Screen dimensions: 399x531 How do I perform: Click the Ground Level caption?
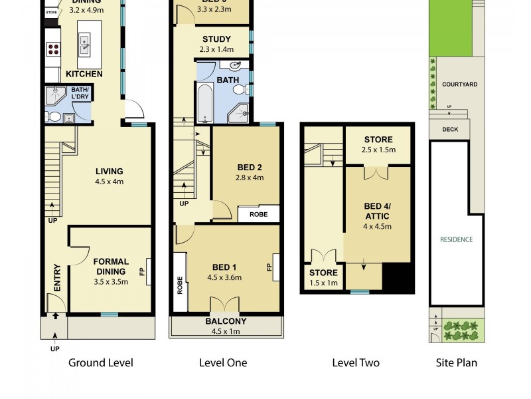coord(101,362)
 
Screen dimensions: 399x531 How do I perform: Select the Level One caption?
coord(223,362)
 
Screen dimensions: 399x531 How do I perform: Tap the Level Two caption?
coord(356,362)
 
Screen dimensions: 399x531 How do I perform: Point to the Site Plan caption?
coord(456,362)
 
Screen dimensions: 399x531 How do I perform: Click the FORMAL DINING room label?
coord(110,266)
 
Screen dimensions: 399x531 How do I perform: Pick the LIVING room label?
coord(109,171)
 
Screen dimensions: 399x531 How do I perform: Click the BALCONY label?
coord(225,321)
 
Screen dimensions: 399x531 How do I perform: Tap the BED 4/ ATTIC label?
coord(377,211)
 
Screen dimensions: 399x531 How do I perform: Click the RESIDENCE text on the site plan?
coord(456,239)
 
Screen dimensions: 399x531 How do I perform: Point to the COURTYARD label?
coord(460,84)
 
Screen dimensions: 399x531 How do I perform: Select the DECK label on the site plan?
coord(450,130)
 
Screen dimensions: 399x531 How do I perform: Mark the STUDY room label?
coord(216,39)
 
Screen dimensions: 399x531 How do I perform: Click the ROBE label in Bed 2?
coord(258,215)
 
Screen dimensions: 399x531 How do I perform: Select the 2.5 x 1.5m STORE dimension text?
coord(378,150)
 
